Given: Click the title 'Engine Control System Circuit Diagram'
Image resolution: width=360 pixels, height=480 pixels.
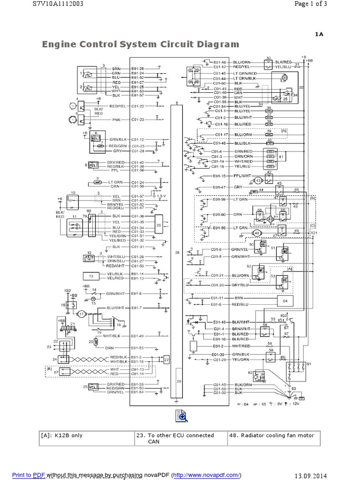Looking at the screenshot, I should pyautogui.click(x=141, y=45).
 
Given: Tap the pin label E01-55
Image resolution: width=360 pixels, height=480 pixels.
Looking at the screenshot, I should pyautogui.click(x=138, y=348).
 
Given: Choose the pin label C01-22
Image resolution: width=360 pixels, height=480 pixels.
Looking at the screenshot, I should pyautogui.click(x=138, y=106).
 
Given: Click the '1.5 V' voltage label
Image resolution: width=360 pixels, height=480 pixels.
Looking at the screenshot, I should pyautogui.click(x=162, y=195).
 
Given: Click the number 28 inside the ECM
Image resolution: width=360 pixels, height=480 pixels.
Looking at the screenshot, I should pyautogui.click(x=177, y=252).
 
